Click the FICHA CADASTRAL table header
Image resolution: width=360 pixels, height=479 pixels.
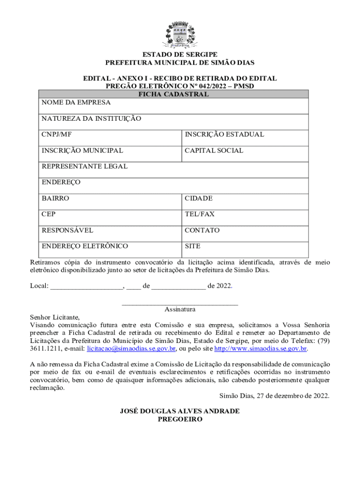click(173, 94)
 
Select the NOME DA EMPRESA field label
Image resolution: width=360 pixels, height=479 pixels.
click(76, 102)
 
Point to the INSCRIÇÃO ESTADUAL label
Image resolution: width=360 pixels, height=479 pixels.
click(224, 135)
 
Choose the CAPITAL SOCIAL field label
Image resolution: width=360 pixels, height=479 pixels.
click(214, 151)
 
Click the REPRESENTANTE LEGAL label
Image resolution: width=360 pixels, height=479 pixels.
click(85, 167)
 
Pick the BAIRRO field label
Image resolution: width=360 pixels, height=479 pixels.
click(55, 198)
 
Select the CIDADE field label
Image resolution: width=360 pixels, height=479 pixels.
click(199, 198)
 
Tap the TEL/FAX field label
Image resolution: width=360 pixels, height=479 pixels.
click(200, 214)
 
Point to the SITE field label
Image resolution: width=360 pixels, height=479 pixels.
click(193, 246)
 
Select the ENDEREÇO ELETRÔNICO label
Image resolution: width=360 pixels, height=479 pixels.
click(85, 246)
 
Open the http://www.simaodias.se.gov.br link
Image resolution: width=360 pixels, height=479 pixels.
click(260, 349)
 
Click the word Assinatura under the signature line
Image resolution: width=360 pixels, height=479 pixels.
click(180, 309)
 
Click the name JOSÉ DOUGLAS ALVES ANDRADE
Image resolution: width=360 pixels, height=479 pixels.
click(180, 411)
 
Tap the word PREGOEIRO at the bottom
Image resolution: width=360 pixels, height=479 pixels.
click(180, 420)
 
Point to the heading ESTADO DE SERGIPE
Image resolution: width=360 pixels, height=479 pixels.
click(180, 55)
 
